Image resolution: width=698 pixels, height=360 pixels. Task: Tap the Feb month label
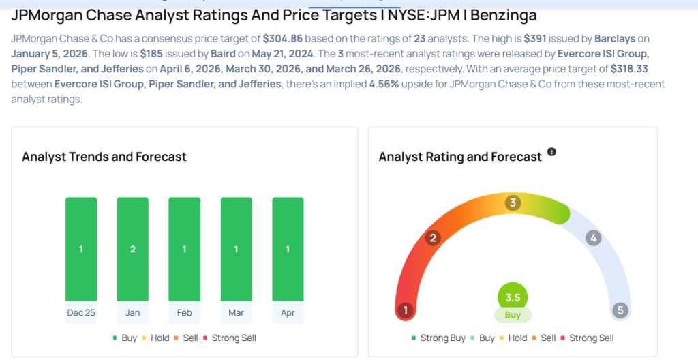[x=184, y=312]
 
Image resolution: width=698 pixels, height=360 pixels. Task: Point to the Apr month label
[x=288, y=312]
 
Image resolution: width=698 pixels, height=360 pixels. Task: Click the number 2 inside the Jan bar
[x=133, y=250]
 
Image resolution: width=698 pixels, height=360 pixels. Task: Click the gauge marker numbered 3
[x=513, y=202]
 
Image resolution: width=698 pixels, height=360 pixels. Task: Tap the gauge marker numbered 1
[x=406, y=311]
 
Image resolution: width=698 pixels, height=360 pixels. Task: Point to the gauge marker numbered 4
[x=594, y=238]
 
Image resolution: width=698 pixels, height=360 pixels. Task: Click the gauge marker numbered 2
[x=432, y=238]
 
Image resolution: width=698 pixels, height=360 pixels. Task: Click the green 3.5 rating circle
[x=513, y=297]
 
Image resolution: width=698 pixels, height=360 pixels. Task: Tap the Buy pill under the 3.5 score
[x=513, y=315]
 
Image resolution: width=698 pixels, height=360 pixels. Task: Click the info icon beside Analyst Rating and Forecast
[x=552, y=152]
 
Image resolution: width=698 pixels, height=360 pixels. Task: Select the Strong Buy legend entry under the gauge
[x=438, y=338]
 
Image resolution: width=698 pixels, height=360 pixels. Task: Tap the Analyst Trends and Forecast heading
[x=104, y=157]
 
